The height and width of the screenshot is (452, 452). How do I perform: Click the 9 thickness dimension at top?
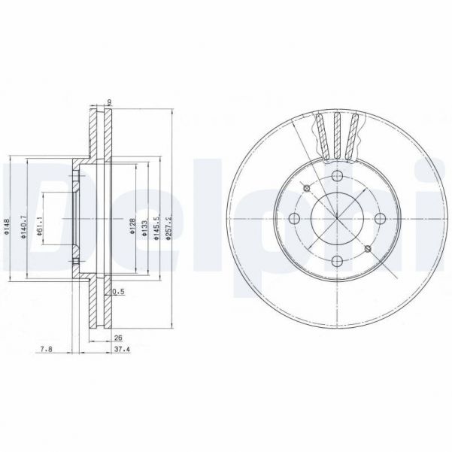[x=109, y=102]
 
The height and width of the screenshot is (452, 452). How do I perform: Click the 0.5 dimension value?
[x=117, y=290]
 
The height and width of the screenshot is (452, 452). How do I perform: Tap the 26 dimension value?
[x=117, y=338]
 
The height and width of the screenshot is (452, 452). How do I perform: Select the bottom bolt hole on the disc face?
[x=337, y=262]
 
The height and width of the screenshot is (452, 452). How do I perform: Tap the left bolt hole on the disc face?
[x=294, y=219]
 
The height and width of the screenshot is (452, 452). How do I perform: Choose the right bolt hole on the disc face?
[x=380, y=219]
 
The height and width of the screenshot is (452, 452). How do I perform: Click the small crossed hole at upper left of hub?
[x=307, y=188]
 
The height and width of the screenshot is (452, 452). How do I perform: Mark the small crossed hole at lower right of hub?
[x=367, y=249]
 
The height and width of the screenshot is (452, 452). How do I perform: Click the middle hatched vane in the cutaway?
[x=337, y=135]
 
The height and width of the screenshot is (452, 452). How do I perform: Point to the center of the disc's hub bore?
[x=337, y=219]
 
